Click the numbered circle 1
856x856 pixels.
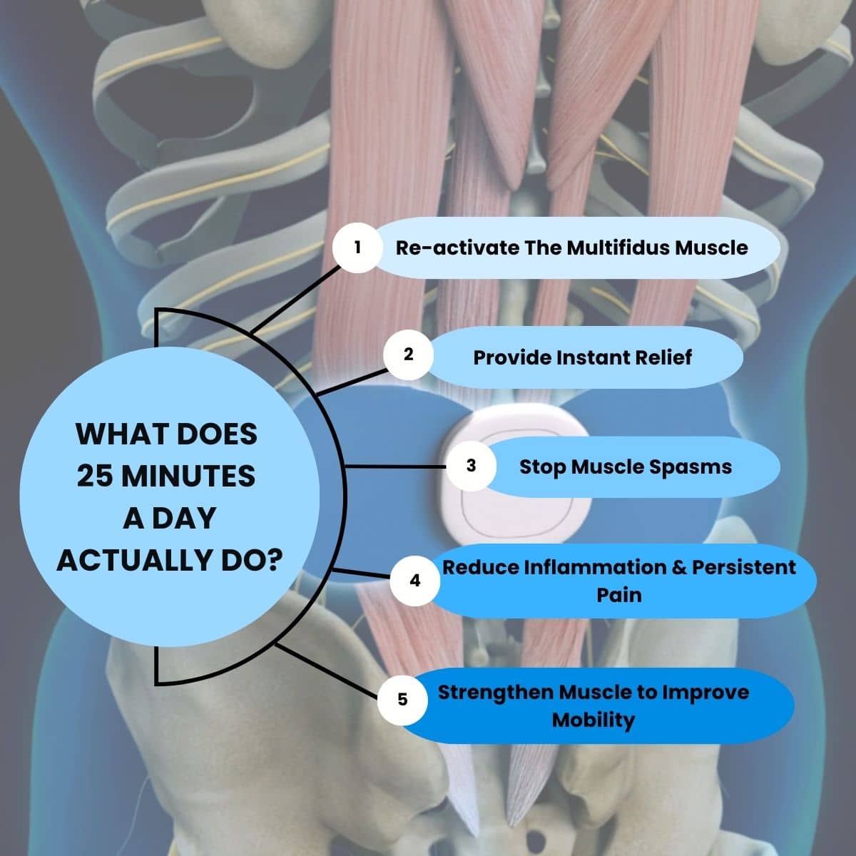click(x=357, y=248)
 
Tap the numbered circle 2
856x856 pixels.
click(x=408, y=355)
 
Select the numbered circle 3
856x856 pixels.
click(x=471, y=466)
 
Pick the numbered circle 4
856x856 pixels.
click(x=415, y=581)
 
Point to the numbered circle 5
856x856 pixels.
click(x=402, y=699)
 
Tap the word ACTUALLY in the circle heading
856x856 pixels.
click(x=126, y=561)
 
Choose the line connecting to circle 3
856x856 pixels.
click(x=396, y=467)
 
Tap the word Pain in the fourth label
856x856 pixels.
click(x=619, y=594)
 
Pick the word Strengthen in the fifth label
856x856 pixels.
click(x=496, y=692)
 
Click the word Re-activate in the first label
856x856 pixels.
click(x=457, y=248)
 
